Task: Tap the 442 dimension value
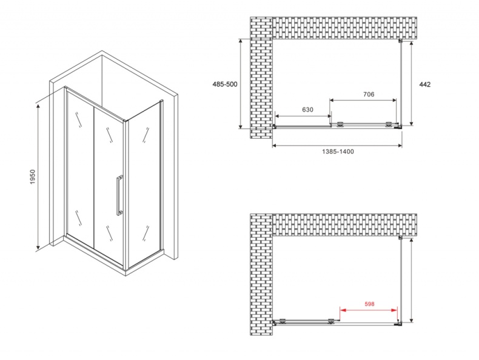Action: (424, 84)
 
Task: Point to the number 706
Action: (368, 94)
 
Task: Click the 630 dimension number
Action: (307, 110)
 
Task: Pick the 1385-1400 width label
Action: (338, 152)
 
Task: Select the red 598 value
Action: (369, 305)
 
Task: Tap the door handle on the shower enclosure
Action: (120, 195)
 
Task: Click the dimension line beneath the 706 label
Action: (364, 100)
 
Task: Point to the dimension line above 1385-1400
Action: (337, 145)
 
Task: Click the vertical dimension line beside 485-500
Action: (241, 84)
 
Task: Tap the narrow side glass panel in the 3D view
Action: (143, 185)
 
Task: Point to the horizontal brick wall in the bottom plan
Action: (343, 225)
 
